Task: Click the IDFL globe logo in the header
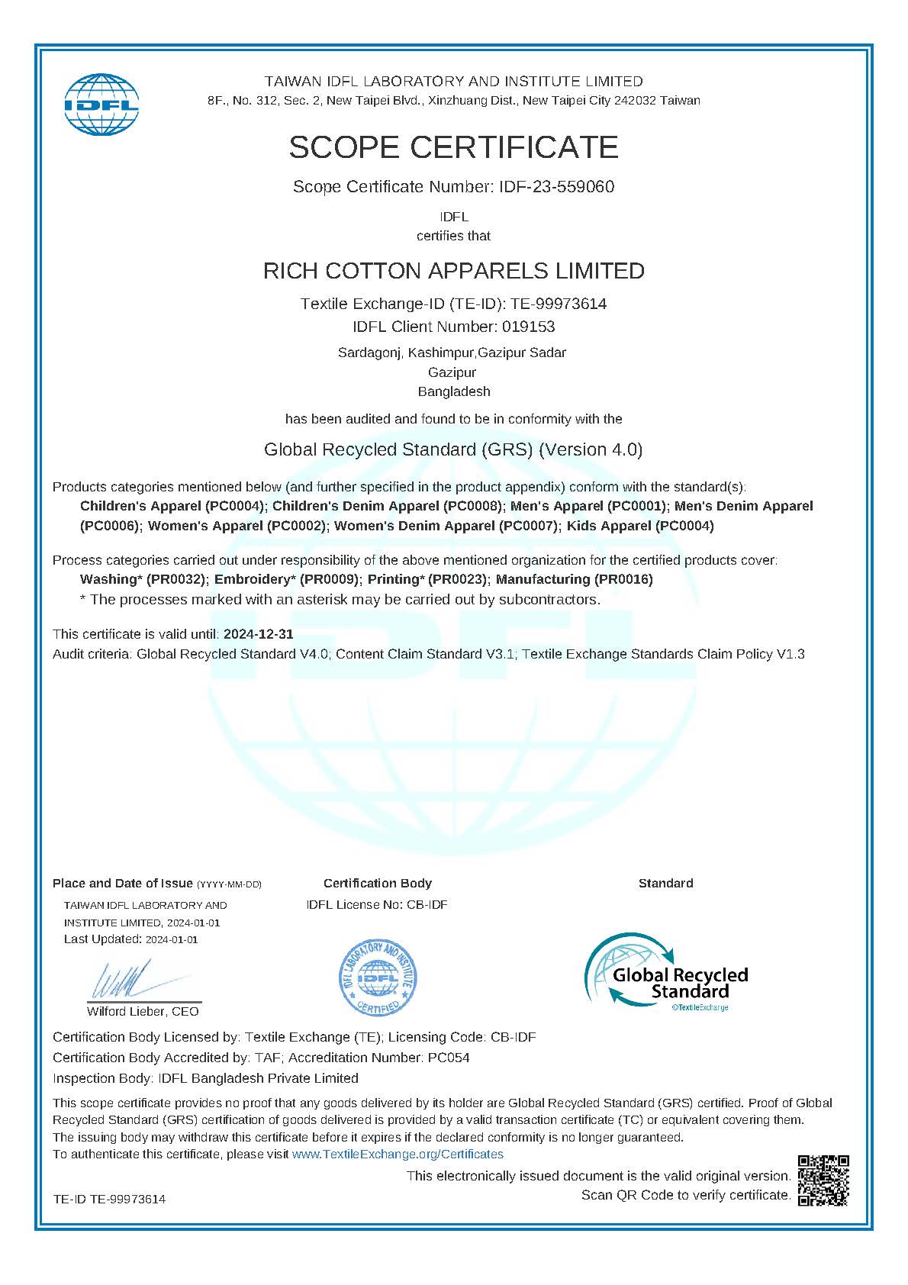pyautogui.click(x=101, y=105)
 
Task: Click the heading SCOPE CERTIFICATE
pyautogui.click(x=453, y=147)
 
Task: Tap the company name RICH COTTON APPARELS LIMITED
pyautogui.click(x=453, y=271)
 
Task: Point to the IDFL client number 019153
pyautogui.click(x=528, y=327)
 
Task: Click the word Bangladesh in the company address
pyautogui.click(x=454, y=391)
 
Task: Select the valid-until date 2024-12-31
pyautogui.click(x=258, y=634)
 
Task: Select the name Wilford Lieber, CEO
pyautogui.click(x=143, y=1012)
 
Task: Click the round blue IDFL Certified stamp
pyautogui.click(x=378, y=977)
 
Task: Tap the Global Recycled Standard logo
pyautogui.click(x=666, y=973)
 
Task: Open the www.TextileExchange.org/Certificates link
pyautogui.click(x=398, y=1155)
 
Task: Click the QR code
pyautogui.click(x=823, y=1180)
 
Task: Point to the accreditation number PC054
pyautogui.click(x=449, y=1058)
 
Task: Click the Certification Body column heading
pyautogui.click(x=378, y=884)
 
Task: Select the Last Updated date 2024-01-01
pyautogui.click(x=172, y=940)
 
